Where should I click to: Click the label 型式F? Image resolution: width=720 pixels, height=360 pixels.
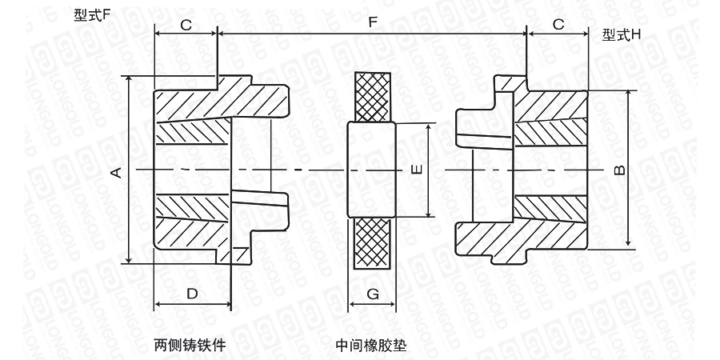pyautogui.click(x=90, y=15)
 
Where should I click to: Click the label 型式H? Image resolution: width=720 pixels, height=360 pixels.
pyautogui.click(x=622, y=34)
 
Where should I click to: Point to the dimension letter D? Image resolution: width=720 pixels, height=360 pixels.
pyautogui.click(x=192, y=294)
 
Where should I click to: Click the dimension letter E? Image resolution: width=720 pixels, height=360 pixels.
pyautogui.click(x=414, y=170)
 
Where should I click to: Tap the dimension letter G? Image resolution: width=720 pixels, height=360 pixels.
pyautogui.click(x=372, y=294)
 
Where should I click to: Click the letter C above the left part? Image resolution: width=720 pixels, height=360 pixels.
pyautogui.click(x=186, y=25)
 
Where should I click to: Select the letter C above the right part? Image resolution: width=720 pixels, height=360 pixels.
pyautogui.click(x=558, y=25)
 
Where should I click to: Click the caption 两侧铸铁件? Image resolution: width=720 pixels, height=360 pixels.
pyautogui.click(x=190, y=346)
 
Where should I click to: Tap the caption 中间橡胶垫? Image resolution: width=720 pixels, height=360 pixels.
pyautogui.click(x=371, y=346)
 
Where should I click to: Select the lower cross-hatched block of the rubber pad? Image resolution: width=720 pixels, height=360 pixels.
pyautogui.click(x=372, y=243)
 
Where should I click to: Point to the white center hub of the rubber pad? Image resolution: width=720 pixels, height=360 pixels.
pyautogui.click(x=372, y=170)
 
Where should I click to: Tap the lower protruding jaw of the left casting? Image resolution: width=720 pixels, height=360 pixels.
pyautogui.click(x=260, y=202)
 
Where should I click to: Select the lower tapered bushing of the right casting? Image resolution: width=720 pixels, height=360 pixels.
pyautogui.click(x=552, y=210)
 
